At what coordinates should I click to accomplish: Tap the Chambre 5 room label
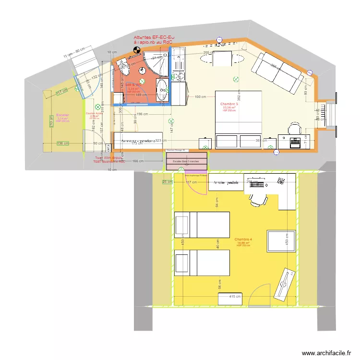229,104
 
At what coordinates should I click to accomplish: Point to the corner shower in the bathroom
155,64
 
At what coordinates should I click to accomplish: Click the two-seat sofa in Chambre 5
278,72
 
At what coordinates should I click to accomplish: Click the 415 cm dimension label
235,297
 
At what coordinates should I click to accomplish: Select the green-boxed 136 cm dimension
62,144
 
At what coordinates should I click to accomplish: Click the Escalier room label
62,115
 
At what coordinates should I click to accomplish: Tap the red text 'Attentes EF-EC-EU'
154,37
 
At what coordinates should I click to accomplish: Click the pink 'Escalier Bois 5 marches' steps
187,161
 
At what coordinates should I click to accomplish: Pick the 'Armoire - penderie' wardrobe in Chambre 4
226,182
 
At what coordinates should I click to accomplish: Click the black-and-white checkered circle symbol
136,48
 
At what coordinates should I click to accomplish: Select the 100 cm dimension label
200,97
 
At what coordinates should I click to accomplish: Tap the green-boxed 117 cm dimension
61,92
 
